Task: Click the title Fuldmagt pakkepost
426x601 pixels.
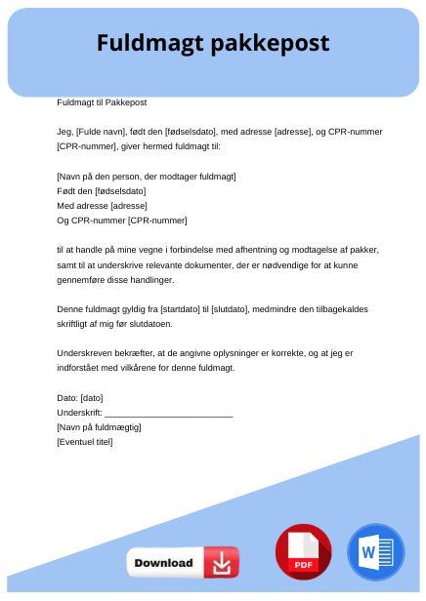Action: point(213,44)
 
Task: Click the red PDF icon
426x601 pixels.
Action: point(303,552)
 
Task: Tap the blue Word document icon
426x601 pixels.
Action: point(374,552)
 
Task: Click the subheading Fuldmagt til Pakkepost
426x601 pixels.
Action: point(102,101)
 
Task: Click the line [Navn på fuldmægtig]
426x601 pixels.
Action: point(100,427)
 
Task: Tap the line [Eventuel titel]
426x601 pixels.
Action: point(85,442)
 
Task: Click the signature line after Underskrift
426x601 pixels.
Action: point(168,413)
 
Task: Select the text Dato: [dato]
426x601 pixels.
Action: point(80,398)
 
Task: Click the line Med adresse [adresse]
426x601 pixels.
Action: point(102,206)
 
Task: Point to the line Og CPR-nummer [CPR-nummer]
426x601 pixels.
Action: point(122,220)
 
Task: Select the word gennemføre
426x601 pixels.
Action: point(82,279)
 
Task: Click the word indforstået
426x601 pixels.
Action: point(82,368)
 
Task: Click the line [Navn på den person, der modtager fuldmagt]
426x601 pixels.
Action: point(147,177)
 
